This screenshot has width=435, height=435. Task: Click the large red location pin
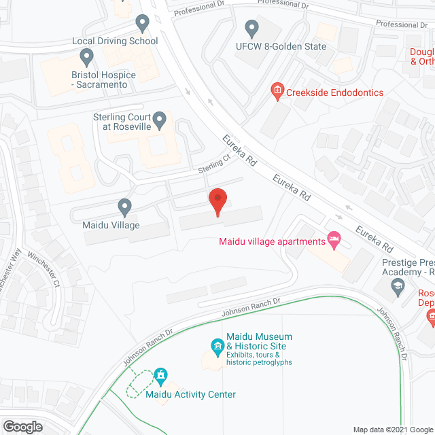217,202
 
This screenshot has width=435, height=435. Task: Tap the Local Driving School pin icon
142,24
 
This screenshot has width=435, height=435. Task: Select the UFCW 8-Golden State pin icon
252,29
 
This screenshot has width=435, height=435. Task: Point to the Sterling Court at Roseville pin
160,121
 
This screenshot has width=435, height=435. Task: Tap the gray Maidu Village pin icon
124,207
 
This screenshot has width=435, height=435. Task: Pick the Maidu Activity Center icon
161,375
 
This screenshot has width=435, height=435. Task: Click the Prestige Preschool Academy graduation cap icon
397,288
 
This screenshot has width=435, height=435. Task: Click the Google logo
22,427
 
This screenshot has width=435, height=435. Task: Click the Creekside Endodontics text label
334,92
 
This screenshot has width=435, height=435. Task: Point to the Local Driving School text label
115,41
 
